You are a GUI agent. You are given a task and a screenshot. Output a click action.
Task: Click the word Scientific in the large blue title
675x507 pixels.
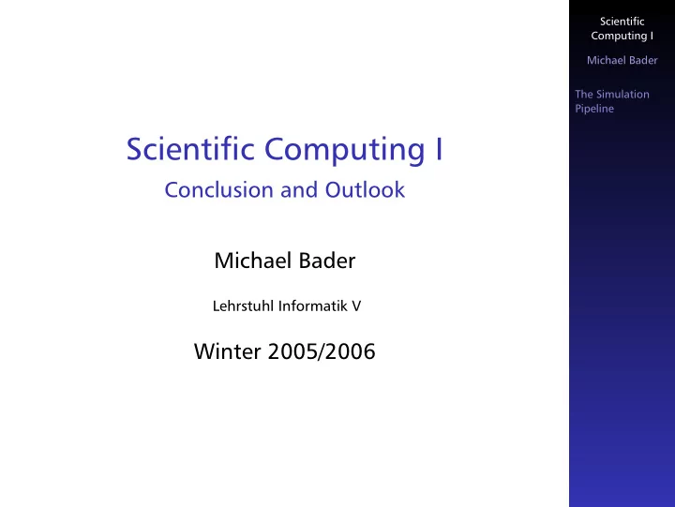coord(190,148)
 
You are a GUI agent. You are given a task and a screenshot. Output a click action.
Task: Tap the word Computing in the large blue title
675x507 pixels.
coord(344,151)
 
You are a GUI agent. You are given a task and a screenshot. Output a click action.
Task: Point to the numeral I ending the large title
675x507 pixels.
coord(439,149)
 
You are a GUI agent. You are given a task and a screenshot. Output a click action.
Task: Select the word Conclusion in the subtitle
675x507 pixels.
coord(218,190)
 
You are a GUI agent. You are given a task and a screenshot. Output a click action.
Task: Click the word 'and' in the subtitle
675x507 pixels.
coord(299,190)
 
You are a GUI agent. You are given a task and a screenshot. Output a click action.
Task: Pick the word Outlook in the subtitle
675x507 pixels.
coord(365,190)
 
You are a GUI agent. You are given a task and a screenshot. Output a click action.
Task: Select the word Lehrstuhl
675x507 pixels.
coord(243,306)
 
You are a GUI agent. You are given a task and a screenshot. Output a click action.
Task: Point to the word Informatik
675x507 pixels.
coord(312,306)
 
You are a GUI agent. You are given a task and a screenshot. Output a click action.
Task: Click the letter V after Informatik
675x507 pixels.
coord(356,306)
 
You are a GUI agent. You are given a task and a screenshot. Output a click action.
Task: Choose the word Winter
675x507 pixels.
coord(228,351)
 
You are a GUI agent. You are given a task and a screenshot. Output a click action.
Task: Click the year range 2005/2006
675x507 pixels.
coord(322,351)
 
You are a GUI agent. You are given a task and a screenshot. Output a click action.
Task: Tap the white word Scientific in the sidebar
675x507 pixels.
coord(622,22)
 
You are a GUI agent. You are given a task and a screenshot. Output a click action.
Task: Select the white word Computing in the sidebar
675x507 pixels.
coord(619,37)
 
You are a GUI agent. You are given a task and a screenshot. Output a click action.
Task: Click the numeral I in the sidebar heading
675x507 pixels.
coord(652,36)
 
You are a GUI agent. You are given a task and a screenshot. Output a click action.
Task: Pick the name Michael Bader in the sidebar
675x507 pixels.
coord(622,60)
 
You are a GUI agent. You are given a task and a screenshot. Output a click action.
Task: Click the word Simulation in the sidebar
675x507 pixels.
coord(622,95)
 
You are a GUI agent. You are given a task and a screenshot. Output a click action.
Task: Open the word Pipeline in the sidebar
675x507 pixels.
coord(594,109)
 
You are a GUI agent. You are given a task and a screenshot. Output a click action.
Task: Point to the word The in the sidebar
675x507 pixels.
coord(584,95)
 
